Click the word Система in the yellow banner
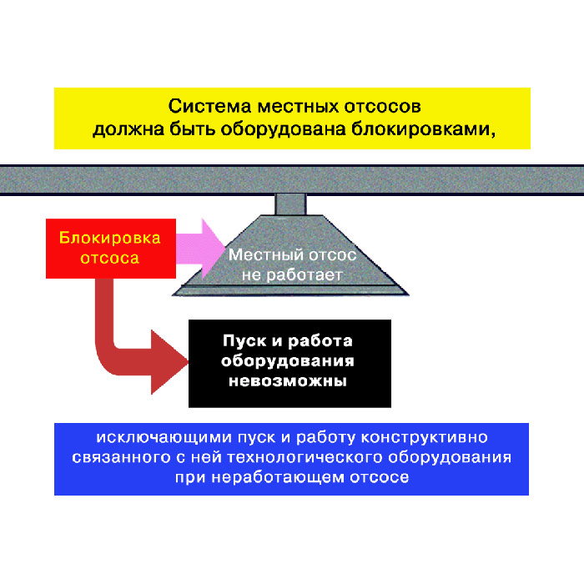click(204, 108)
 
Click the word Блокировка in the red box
click(109, 237)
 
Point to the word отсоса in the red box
click(109, 258)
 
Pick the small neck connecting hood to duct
click(292, 203)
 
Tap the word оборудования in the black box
click(289, 361)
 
